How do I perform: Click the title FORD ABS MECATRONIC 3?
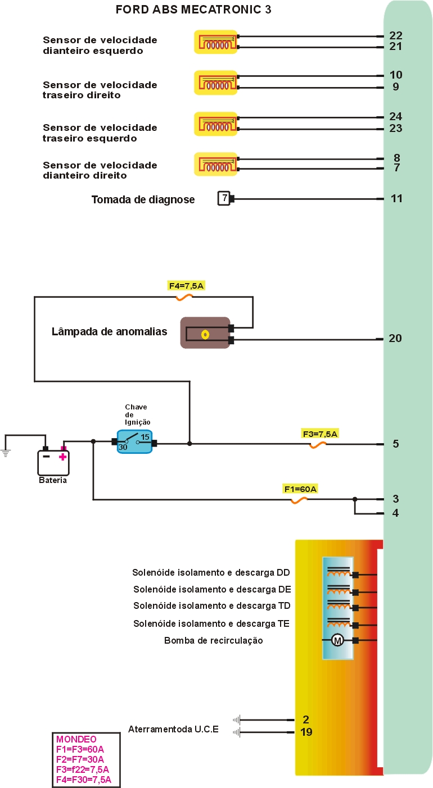click(193, 10)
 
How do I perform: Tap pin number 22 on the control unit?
click(396, 35)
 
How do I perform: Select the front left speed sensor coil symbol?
click(216, 42)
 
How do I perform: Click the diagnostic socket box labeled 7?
click(224, 198)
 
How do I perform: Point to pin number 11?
click(396, 198)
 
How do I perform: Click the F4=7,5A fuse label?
click(186, 286)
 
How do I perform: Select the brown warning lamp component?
click(205, 332)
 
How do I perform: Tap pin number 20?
click(395, 338)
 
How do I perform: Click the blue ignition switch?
click(134, 441)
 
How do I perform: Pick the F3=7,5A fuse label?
click(319, 434)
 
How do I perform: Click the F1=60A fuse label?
click(300, 489)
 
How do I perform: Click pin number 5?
click(396, 444)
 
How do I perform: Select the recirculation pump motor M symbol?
click(337, 640)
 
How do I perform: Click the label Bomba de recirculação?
click(213, 640)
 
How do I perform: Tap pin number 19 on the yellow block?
click(306, 732)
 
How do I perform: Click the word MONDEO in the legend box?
click(76, 739)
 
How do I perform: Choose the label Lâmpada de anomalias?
click(109, 331)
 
